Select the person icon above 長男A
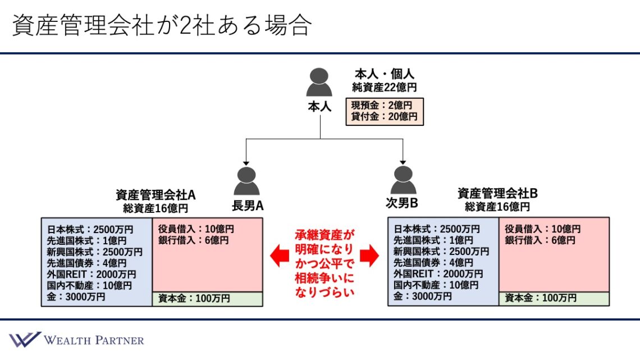pos(247,181)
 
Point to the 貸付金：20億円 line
pos(384,117)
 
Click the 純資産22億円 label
pos(385,87)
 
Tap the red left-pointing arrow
pos(280,257)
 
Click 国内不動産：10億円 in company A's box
pos(90,285)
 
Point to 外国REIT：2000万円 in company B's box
pos(438,274)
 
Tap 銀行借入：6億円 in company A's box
pos(194,240)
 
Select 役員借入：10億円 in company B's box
pos(542,229)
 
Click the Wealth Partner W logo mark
pos(25,339)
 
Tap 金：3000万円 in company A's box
pos(76,297)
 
